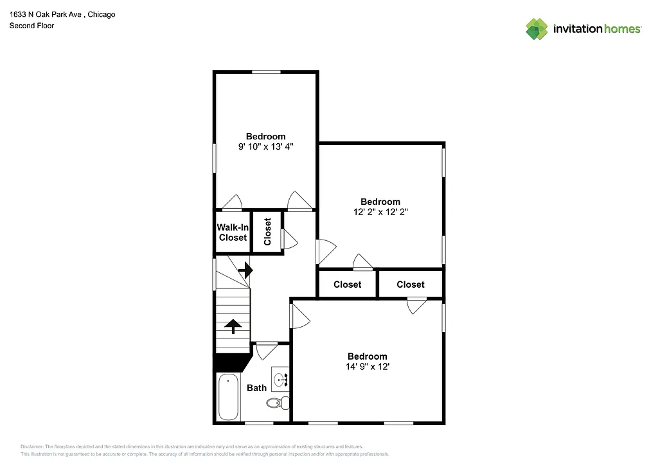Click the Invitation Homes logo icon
(x=537, y=29)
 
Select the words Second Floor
(x=31, y=26)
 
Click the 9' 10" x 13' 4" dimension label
(x=265, y=147)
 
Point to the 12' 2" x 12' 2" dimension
(x=380, y=212)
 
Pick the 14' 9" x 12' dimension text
(x=367, y=367)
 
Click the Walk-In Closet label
(x=233, y=232)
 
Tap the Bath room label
(x=256, y=388)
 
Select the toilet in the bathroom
(x=277, y=403)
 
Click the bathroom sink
(x=281, y=379)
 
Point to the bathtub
(x=228, y=398)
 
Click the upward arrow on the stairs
(x=233, y=326)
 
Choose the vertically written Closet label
(x=267, y=232)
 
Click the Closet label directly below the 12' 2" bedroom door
(x=347, y=285)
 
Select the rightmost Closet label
(x=410, y=285)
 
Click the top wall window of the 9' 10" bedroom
(x=265, y=72)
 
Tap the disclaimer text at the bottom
(x=193, y=450)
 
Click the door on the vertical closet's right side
(x=289, y=239)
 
